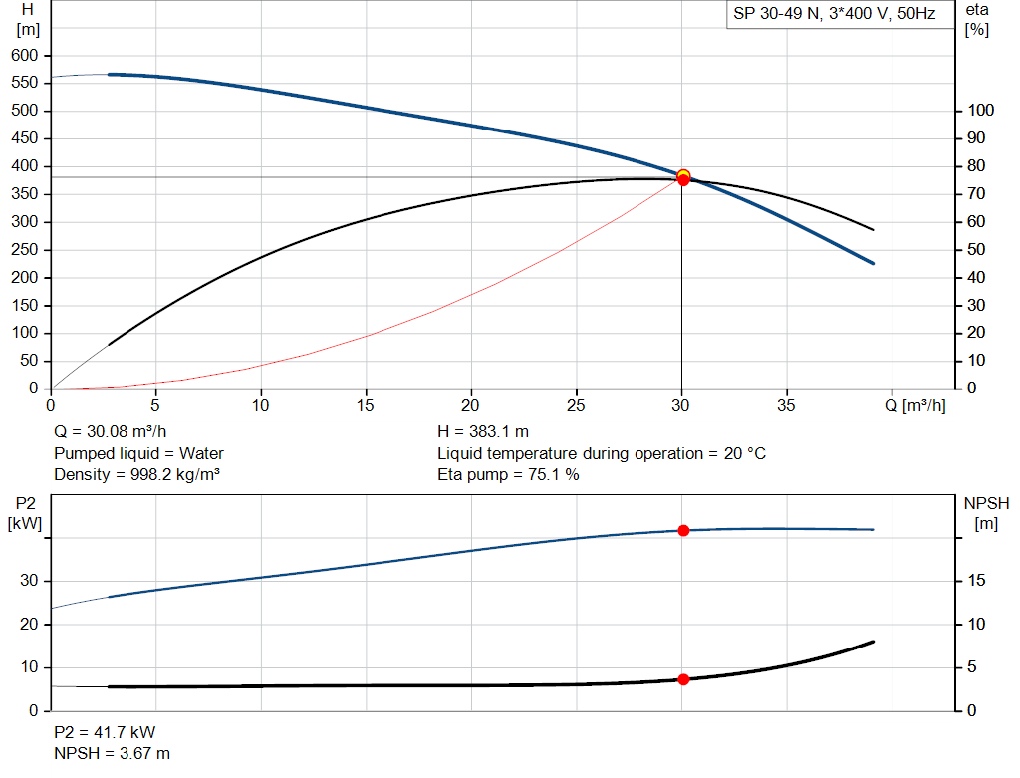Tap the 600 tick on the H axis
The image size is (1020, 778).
(x=25, y=56)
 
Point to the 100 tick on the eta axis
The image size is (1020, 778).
(x=981, y=110)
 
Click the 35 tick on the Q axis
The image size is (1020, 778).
(x=786, y=405)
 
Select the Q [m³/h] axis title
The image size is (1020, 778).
(x=915, y=405)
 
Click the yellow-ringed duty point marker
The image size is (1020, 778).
(x=683, y=175)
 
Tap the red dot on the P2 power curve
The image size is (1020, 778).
(x=683, y=531)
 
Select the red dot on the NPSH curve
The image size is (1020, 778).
(x=683, y=679)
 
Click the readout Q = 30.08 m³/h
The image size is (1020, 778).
(x=110, y=432)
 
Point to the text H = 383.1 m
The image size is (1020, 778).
(x=483, y=432)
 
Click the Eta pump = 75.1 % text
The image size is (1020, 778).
(x=508, y=475)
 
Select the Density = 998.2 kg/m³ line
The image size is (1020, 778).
(x=136, y=475)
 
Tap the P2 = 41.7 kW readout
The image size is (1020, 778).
(x=105, y=732)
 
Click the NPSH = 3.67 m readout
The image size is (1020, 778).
(x=112, y=754)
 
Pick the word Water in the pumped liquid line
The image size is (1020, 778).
(x=201, y=453)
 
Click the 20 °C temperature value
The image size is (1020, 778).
(x=745, y=453)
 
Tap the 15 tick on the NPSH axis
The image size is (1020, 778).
(x=976, y=580)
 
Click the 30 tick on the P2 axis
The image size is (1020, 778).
(x=29, y=580)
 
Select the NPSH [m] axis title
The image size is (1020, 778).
(x=986, y=513)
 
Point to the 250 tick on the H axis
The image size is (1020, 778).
(x=25, y=249)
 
